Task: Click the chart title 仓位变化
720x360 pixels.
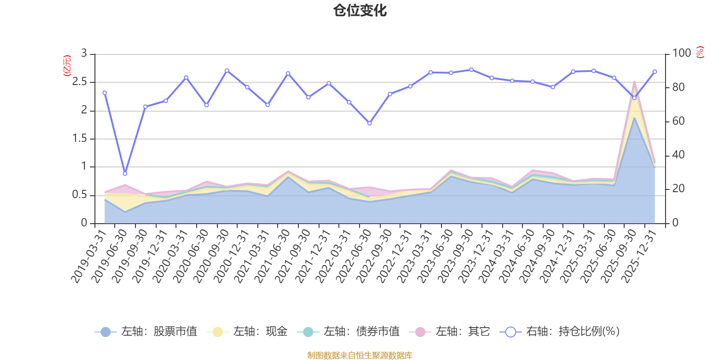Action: point(360,11)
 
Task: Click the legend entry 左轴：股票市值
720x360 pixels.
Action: point(146,331)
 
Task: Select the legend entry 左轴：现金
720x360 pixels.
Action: point(247,331)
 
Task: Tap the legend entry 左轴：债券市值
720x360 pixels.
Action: point(348,331)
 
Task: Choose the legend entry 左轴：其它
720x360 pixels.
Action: point(450,331)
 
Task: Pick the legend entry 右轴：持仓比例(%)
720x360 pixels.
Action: point(560,331)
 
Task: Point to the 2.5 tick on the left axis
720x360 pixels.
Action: point(79,81)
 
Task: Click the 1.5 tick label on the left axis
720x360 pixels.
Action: point(79,138)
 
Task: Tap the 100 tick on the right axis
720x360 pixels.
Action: point(682,53)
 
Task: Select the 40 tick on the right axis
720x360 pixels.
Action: point(679,155)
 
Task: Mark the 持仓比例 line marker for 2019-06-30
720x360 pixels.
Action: point(125,174)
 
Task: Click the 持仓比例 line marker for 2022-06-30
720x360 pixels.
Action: point(369,123)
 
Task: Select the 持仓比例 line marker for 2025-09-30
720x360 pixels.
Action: point(634,98)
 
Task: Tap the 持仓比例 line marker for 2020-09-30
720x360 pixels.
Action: point(227,71)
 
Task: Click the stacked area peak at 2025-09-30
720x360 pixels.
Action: point(634,82)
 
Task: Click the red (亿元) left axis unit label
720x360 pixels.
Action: point(67,66)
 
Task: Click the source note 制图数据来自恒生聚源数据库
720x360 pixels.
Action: point(360,355)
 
